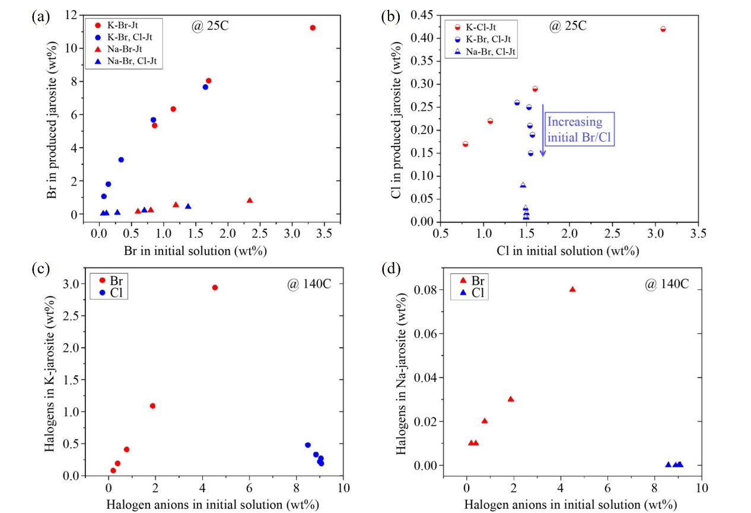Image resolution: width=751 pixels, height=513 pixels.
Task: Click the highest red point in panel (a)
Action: tap(313, 28)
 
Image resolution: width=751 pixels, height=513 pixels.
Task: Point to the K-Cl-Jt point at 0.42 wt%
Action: tap(663, 29)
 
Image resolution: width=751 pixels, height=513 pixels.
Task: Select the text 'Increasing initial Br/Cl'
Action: tap(574, 130)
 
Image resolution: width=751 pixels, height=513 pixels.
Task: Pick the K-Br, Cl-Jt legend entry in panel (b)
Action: tap(483, 39)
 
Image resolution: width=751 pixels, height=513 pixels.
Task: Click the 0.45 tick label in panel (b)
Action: tap(419, 15)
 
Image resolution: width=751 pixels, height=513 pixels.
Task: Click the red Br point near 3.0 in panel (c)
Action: tap(215, 288)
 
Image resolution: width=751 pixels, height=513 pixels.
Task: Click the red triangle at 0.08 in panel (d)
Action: tap(572, 289)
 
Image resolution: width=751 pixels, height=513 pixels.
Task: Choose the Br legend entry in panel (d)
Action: tap(473, 281)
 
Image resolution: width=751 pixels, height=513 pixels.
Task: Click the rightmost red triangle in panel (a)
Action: tap(250, 200)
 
